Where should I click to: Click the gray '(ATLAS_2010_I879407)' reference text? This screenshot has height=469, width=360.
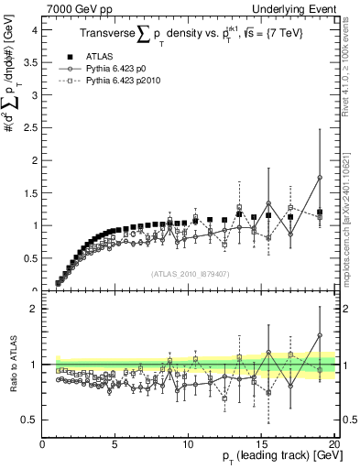click(x=189, y=272)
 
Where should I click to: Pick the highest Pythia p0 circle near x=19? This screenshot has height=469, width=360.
click(x=320, y=178)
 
